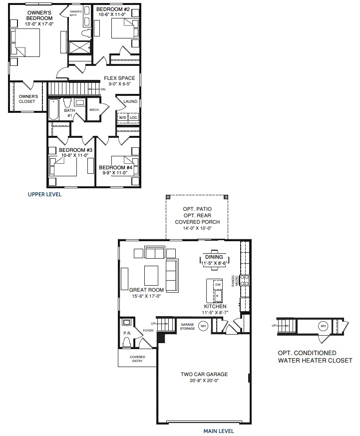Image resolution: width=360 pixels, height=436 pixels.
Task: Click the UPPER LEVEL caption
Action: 44,194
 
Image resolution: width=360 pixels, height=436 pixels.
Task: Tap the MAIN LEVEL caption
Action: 219,431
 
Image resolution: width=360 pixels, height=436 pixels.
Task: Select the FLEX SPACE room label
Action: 119,78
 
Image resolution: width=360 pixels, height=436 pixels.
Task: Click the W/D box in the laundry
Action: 122,118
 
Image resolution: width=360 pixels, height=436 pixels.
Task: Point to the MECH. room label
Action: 94,110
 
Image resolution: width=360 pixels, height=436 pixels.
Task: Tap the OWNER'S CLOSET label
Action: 27,99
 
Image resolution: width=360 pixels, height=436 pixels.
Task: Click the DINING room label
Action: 214,257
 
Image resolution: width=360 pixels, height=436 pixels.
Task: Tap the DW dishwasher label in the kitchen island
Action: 218,284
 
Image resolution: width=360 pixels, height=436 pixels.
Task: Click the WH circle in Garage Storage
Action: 203,326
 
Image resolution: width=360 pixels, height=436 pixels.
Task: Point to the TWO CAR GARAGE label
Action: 204,374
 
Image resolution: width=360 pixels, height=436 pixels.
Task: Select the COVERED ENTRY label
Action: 137,359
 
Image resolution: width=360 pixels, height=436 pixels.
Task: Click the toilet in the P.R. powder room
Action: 127,342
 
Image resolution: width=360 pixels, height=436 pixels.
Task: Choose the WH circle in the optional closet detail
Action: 324,326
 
